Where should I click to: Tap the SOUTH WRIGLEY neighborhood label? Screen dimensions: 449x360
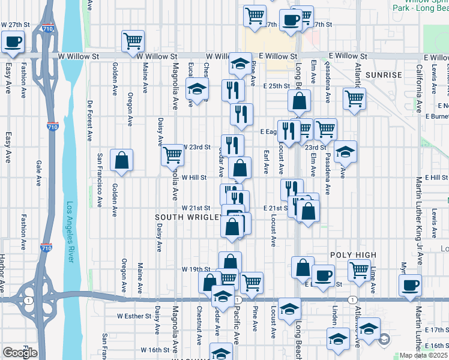click(x=188, y=217)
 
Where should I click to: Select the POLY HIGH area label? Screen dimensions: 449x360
click(x=352, y=255)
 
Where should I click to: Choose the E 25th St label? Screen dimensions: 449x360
click(x=277, y=86)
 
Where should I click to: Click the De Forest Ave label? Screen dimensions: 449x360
click(x=89, y=119)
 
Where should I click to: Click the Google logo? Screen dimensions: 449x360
click(x=20, y=353)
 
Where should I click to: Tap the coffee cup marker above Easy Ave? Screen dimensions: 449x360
click(x=13, y=41)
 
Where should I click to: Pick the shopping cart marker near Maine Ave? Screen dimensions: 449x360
click(x=133, y=41)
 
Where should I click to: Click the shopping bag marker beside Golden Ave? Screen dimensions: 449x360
click(x=121, y=160)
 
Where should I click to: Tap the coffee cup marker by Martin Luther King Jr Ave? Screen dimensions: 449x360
click(x=410, y=285)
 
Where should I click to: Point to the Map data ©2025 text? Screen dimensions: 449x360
click(x=421, y=355)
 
